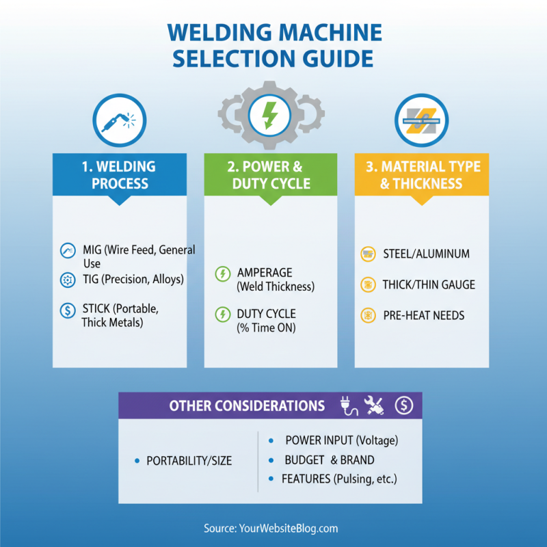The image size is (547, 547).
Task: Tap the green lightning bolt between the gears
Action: coord(270,116)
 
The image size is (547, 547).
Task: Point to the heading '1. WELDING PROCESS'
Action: coord(120,174)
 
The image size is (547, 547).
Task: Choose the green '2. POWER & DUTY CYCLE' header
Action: coord(271,174)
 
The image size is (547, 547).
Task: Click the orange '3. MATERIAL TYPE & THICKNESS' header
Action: coord(421,174)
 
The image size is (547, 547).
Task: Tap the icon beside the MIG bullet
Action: coord(68,251)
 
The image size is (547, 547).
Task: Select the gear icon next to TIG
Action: coord(68,279)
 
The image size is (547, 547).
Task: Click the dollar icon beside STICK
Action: coord(68,310)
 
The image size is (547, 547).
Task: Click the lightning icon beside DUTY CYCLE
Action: coord(222,315)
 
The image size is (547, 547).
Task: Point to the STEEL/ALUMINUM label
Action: coord(426,254)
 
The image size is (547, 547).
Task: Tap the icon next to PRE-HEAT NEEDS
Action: coord(368,315)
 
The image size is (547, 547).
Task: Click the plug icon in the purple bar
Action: coord(347,405)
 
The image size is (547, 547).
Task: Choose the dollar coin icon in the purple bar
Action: coord(404,405)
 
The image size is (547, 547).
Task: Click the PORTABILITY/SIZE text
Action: coord(189,461)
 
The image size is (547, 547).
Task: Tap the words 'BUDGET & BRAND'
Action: coord(329,460)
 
